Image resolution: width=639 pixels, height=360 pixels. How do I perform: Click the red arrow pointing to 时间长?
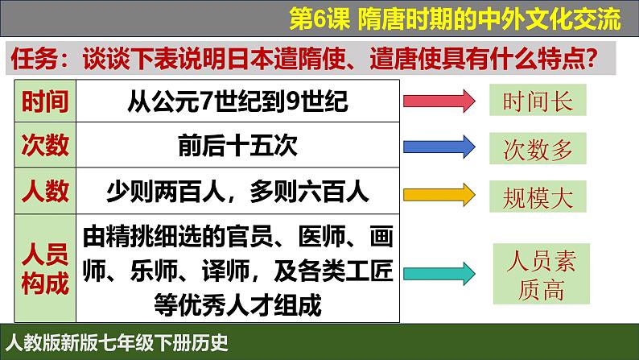point(439,101)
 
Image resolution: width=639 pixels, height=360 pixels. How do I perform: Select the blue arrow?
point(439,147)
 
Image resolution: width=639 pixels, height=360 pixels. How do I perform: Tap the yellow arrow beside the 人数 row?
point(439,194)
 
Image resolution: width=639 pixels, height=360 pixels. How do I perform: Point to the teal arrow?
point(439,274)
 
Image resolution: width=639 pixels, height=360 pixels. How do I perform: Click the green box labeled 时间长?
point(538,100)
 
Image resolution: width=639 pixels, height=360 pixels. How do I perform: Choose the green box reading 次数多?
point(538,148)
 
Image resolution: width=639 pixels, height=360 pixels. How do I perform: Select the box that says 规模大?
point(538,197)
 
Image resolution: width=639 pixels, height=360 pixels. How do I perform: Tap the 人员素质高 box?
point(541,274)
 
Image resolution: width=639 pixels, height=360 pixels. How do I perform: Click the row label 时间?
point(45,101)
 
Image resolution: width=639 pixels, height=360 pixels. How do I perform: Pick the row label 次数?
point(45,145)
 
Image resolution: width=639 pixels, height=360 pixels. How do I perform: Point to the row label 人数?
point(45,191)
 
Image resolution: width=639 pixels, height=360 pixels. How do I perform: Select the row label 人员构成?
point(45,268)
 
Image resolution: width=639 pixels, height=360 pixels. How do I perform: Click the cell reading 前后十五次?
point(237,145)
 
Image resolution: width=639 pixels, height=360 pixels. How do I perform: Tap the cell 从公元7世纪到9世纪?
point(237,101)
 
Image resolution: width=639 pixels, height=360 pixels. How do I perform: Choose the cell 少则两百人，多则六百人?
point(237,191)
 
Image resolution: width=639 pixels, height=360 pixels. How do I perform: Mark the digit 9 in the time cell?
point(293,101)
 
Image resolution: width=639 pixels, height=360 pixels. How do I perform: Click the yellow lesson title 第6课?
point(319,19)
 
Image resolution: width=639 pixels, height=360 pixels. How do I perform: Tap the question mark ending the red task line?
point(591,59)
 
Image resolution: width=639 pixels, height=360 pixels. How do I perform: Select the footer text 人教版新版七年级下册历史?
point(117,343)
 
